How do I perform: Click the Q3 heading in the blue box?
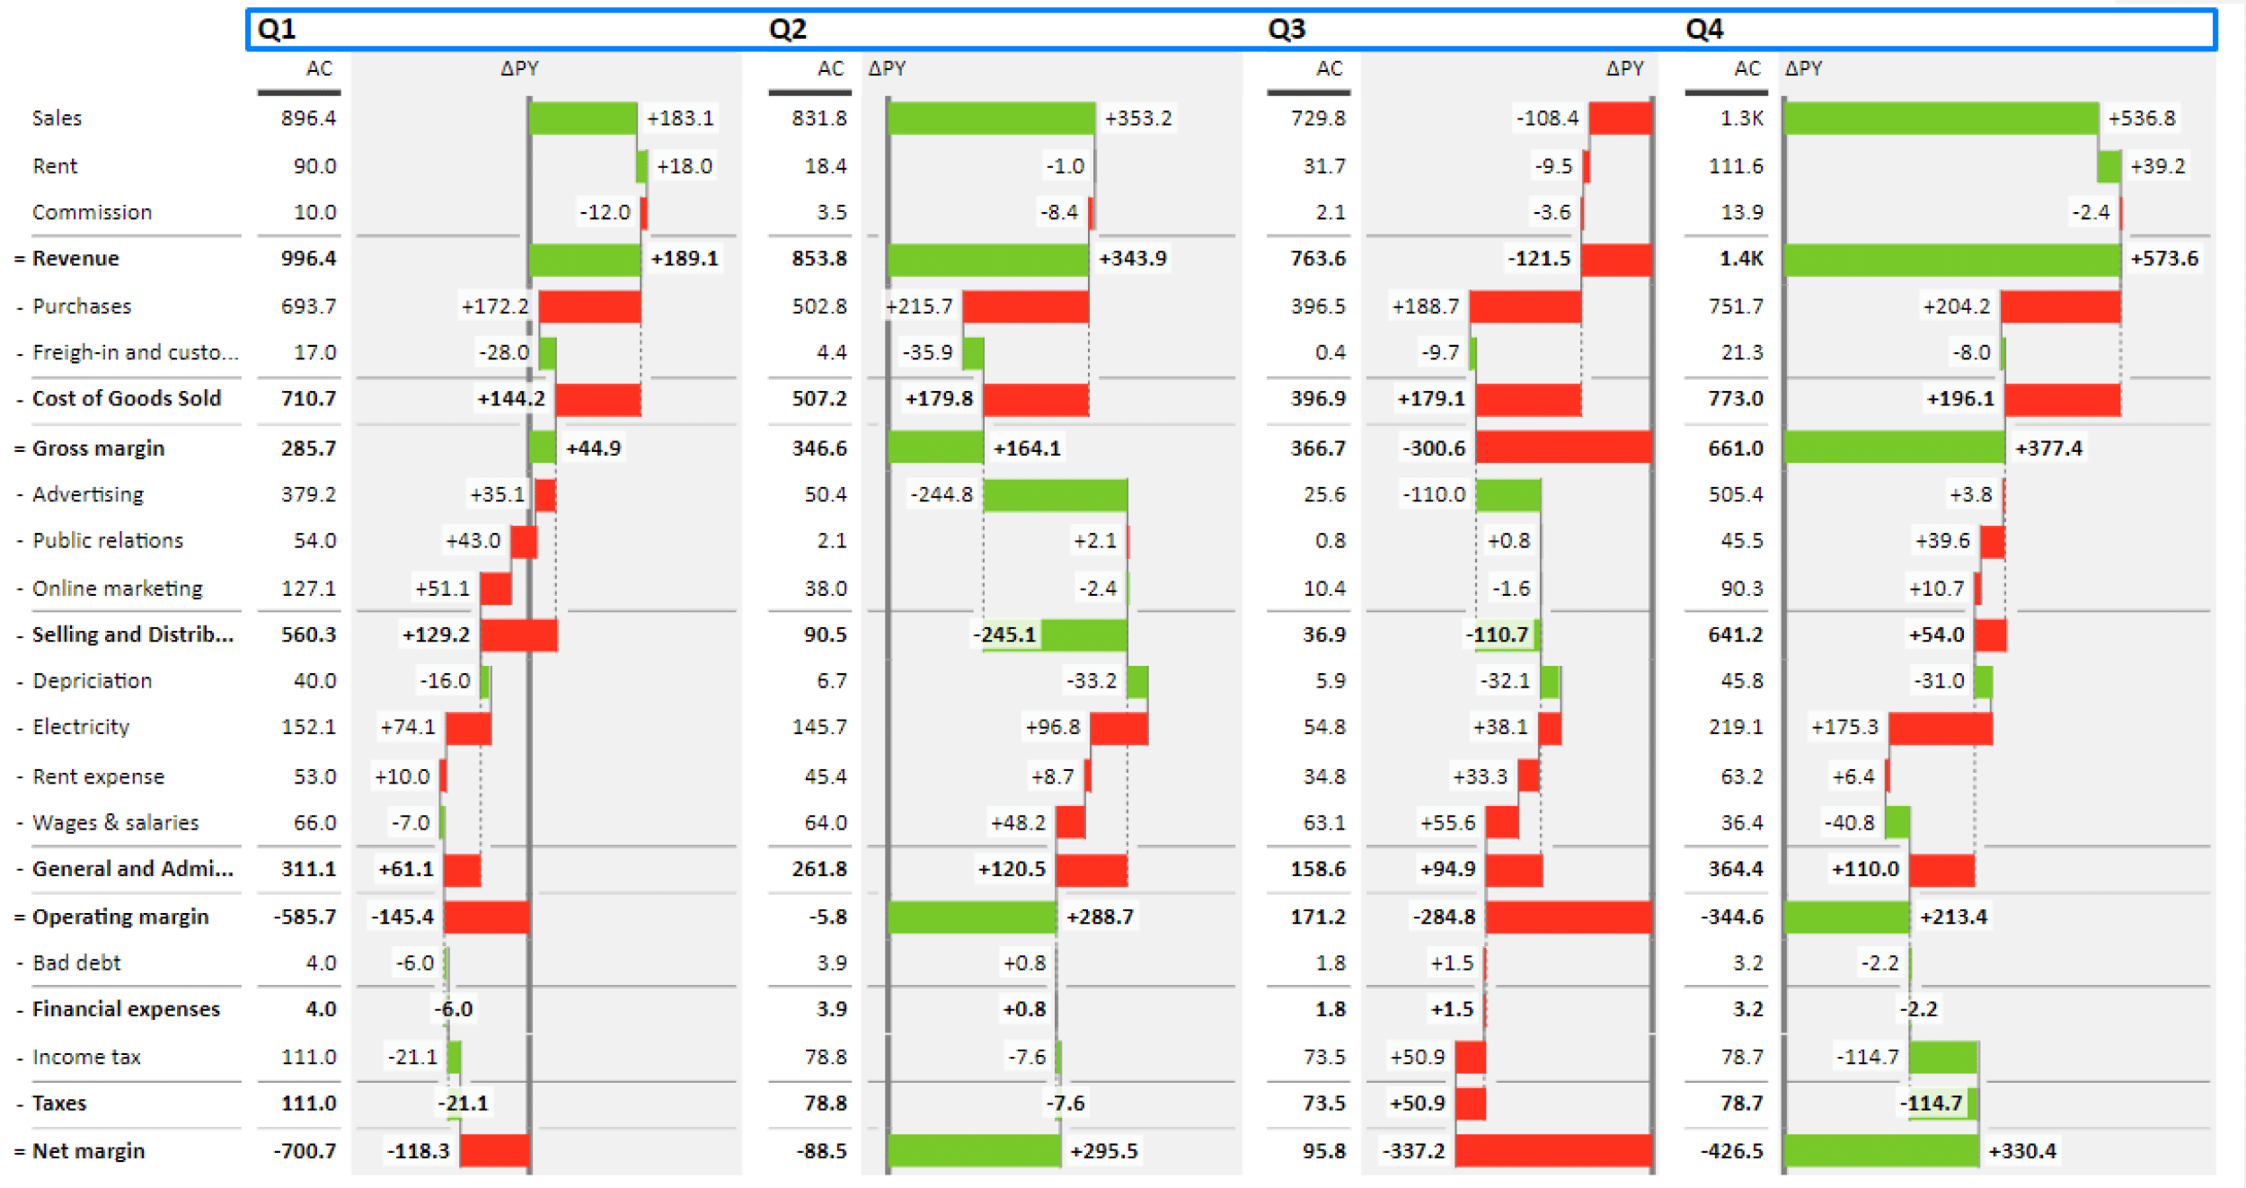(x=1286, y=29)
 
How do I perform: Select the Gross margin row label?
(x=98, y=448)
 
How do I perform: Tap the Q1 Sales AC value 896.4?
(x=308, y=118)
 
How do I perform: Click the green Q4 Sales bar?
(x=1941, y=118)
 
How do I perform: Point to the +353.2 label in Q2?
(x=1137, y=118)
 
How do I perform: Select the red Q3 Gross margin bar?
(x=1563, y=448)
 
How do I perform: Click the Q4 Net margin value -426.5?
(x=1731, y=1150)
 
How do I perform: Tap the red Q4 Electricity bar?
(x=1940, y=728)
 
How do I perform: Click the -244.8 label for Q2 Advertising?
(x=941, y=494)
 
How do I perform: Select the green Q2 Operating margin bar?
(x=971, y=917)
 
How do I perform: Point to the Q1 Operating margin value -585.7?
(x=305, y=917)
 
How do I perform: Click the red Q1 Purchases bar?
(x=589, y=306)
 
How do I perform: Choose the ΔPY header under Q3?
(x=1624, y=68)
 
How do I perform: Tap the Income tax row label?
(x=86, y=1057)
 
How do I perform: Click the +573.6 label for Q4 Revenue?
(x=2163, y=259)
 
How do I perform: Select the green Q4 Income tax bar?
(x=1942, y=1058)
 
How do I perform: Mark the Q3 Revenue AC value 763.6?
(x=1318, y=259)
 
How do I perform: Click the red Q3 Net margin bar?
(x=1552, y=1150)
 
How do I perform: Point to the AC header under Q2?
(x=830, y=68)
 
